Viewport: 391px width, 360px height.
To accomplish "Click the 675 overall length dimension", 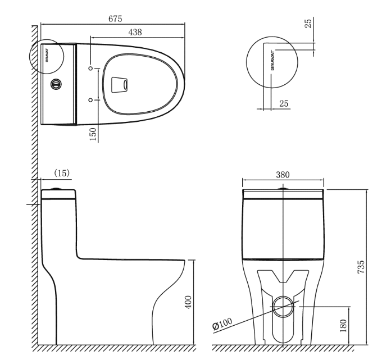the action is (115, 19).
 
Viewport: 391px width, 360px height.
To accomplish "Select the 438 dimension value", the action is (135, 32).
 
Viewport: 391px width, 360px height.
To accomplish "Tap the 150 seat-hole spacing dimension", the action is (93, 134).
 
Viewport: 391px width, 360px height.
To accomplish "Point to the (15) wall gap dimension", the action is (62, 173).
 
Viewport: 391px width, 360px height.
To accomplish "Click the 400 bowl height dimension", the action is (189, 302).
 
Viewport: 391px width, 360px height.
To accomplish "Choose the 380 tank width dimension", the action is (283, 175).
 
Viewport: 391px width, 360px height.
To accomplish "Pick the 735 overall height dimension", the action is (361, 267).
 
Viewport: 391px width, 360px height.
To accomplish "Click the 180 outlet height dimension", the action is (343, 326).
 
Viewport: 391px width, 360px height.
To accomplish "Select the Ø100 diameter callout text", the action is (222, 324).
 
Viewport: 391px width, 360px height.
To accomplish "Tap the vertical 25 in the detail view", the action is (308, 23).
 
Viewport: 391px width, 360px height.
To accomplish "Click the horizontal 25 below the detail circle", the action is (284, 103).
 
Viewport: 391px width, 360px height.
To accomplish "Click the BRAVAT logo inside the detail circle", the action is (272, 60).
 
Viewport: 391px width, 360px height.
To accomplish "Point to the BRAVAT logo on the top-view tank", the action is (47, 56).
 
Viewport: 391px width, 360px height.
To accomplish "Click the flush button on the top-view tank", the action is (56, 84).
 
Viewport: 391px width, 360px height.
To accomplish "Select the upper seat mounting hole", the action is (91, 68).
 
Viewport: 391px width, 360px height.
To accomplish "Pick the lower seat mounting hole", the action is (91, 100).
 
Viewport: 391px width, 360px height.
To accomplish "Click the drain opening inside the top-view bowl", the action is (119, 85).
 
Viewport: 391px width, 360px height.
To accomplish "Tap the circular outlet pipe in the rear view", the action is (283, 307).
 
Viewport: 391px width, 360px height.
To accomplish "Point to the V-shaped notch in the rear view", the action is (283, 277).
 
